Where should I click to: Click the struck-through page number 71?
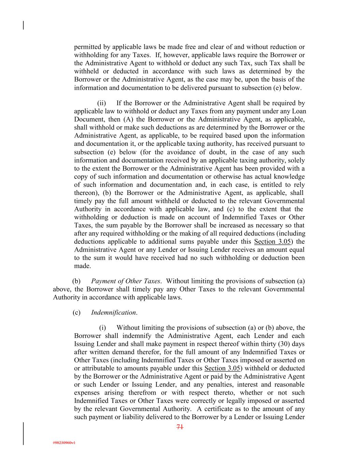[x=180, y=427]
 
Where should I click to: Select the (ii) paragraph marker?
[x=102, y=103]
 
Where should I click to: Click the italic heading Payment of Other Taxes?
[x=126, y=281]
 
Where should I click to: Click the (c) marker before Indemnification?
[x=76, y=313]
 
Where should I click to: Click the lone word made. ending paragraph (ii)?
[x=82, y=266]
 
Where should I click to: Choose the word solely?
[x=296, y=160]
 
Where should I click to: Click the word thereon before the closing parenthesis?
[x=86, y=193]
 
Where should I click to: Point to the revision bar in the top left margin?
[x=24, y=25]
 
